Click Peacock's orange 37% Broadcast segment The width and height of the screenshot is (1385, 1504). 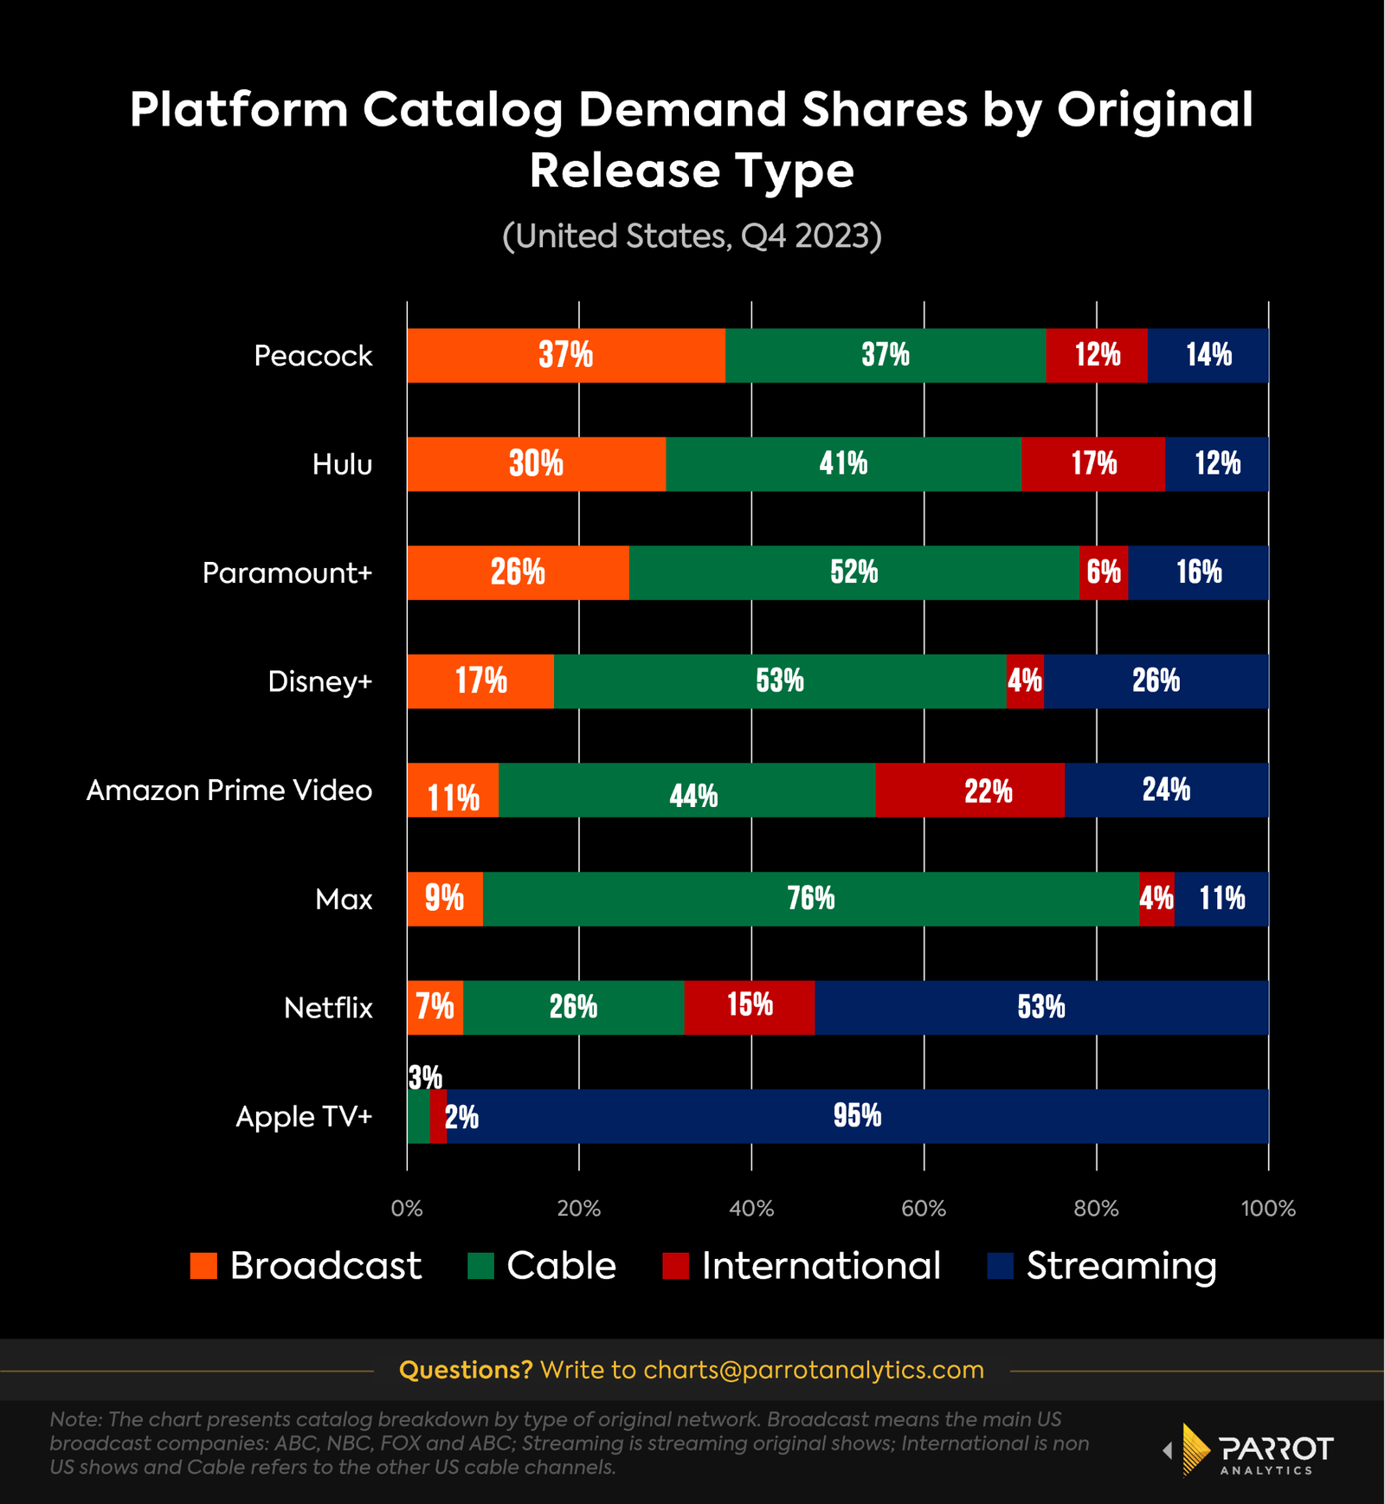565,355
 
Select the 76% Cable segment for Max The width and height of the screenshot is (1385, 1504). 810,899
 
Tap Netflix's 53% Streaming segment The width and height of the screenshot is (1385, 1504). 1040,1007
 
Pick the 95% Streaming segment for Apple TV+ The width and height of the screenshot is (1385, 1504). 857,1116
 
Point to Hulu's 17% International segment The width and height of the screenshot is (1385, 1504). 1092,464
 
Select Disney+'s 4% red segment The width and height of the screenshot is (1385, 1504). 1025,681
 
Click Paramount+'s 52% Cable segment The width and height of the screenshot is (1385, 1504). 854,572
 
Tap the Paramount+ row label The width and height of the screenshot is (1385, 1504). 287,573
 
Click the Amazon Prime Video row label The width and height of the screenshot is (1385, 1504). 229,791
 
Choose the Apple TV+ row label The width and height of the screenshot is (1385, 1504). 303,1117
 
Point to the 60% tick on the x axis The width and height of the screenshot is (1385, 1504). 924,1209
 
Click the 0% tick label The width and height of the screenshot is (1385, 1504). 407,1209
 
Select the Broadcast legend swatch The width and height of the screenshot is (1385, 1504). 203,1266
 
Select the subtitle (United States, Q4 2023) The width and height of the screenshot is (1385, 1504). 692,236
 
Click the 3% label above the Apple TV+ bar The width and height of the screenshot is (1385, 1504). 425,1078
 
